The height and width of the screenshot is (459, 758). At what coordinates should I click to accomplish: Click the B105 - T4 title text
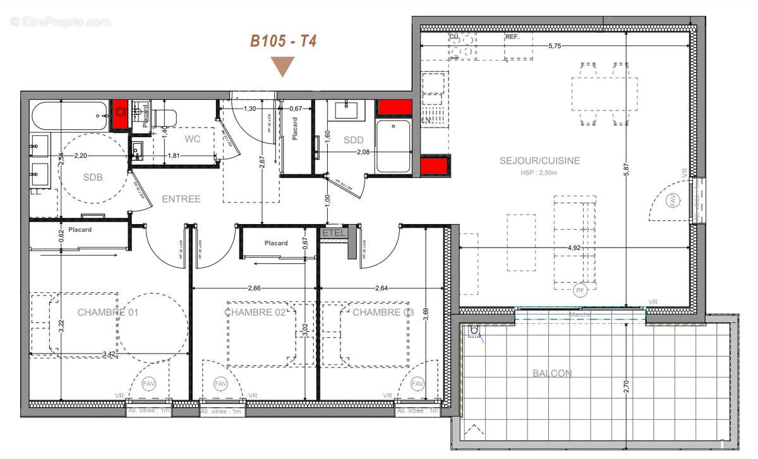pyautogui.click(x=283, y=42)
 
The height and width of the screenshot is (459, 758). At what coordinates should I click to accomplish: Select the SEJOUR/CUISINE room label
pyautogui.click(x=539, y=161)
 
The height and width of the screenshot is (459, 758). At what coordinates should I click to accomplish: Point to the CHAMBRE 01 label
pyautogui.click(x=107, y=313)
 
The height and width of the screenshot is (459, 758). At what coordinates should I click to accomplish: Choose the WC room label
pyautogui.click(x=193, y=139)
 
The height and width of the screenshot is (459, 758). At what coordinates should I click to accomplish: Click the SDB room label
pyautogui.click(x=92, y=177)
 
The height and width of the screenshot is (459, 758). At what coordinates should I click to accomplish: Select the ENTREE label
pyautogui.click(x=181, y=199)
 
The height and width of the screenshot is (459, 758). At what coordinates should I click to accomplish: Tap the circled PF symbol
pyautogui.click(x=580, y=291)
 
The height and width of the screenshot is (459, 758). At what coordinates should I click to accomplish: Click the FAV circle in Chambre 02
pyautogui.click(x=220, y=383)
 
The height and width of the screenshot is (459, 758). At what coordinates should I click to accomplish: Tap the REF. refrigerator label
pyautogui.click(x=512, y=37)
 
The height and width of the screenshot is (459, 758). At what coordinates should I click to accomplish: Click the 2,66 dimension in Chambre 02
pyautogui.click(x=254, y=289)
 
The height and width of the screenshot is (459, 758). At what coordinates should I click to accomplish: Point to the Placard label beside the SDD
pyautogui.click(x=295, y=129)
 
